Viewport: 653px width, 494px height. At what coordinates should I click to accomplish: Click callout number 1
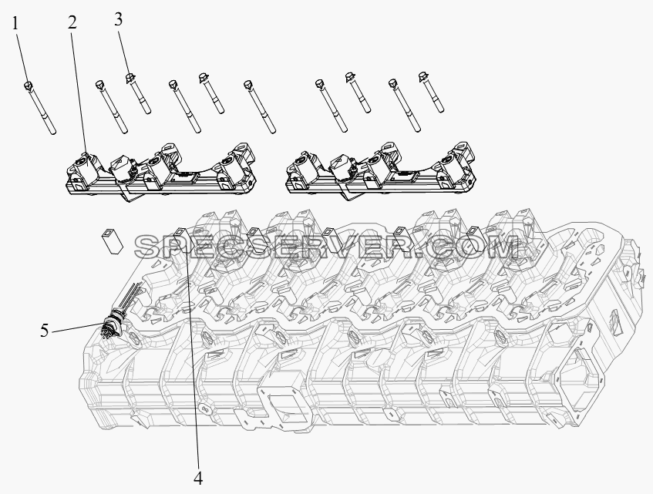pos(15,24)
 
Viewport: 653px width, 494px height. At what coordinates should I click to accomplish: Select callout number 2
pos(72,22)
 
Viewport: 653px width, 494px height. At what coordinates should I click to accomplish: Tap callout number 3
pos(119,19)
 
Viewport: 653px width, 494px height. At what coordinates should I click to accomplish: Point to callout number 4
pos(198,478)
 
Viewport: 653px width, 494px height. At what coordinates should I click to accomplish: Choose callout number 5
pos(45,331)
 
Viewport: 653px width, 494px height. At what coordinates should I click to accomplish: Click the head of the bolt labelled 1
pos(29,86)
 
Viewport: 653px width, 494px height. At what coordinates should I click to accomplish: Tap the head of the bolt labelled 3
pos(130,77)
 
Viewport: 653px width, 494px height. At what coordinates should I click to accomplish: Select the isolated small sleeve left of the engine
pos(113,240)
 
